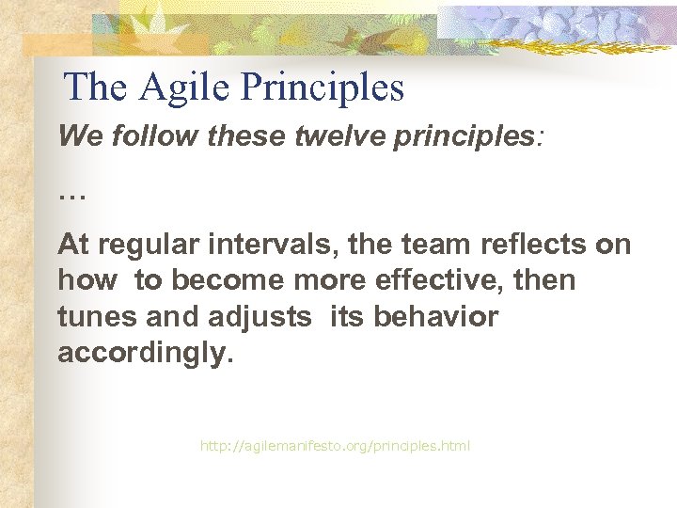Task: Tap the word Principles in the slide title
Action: (323, 88)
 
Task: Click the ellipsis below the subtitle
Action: (71, 196)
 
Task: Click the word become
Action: (227, 281)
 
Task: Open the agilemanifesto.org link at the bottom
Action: (335, 445)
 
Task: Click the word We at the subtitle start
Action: (77, 136)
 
